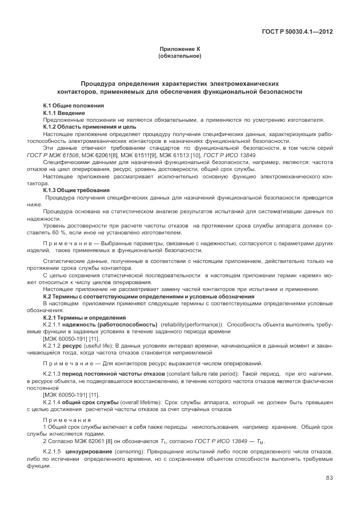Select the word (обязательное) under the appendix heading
click(179, 57)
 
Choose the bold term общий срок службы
click(94, 402)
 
